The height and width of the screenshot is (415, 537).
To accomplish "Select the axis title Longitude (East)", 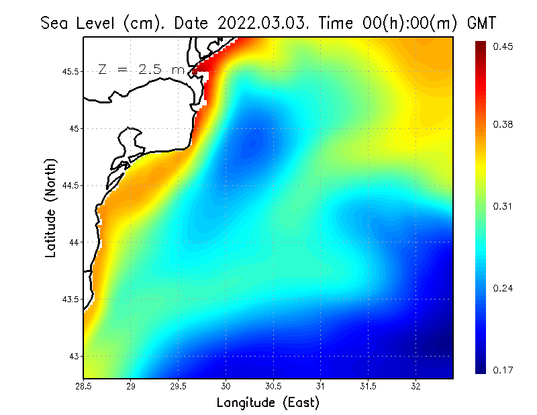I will (x=268, y=403).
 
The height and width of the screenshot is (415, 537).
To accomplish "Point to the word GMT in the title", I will (x=481, y=23).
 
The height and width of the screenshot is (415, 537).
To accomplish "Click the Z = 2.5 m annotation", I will (x=142, y=69).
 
